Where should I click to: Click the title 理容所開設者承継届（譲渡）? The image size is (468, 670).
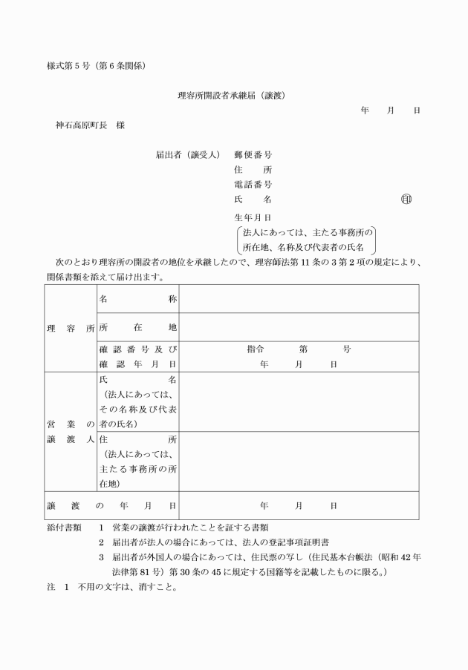[233, 96]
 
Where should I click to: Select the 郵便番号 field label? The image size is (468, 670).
[253, 155]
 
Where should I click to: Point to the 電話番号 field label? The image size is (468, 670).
[253, 184]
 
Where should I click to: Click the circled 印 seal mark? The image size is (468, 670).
[406, 199]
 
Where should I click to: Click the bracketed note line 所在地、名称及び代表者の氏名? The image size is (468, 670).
[305, 246]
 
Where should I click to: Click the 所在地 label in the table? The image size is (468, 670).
[137, 327]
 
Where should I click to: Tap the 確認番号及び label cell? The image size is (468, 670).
[137, 349]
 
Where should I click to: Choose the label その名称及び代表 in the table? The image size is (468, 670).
[137, 409]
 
